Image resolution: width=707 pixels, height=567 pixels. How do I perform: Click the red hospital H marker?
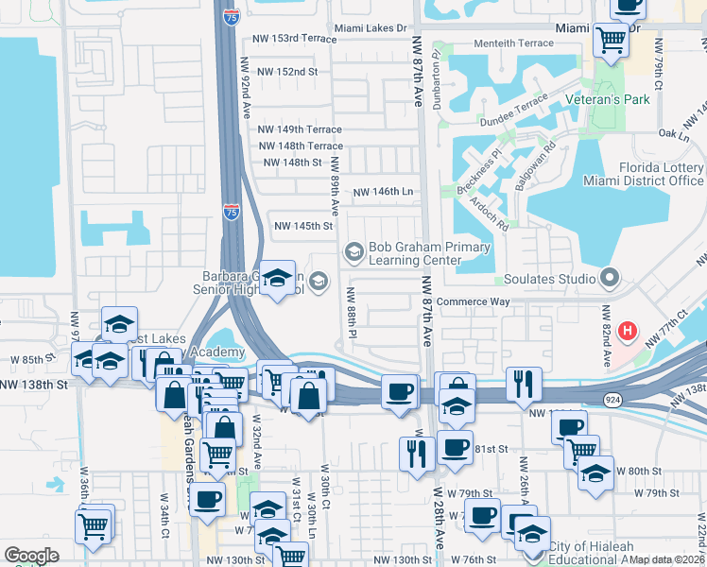pos(627,332)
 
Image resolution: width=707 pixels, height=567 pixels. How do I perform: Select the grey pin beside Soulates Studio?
pos(610,279)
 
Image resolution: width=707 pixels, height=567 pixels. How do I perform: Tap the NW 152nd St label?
pos(285,72)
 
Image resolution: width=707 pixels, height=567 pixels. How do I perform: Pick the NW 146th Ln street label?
pos(384,192)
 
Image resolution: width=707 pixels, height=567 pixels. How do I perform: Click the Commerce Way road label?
pos(473,302)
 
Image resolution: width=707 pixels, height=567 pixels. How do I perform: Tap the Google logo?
pos(32,556)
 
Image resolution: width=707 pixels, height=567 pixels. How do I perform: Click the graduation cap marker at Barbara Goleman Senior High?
pos(277,279)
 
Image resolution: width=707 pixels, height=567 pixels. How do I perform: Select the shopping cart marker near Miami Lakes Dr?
pos(611,41)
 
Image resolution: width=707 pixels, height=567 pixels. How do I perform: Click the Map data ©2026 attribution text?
pos(666,559)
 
